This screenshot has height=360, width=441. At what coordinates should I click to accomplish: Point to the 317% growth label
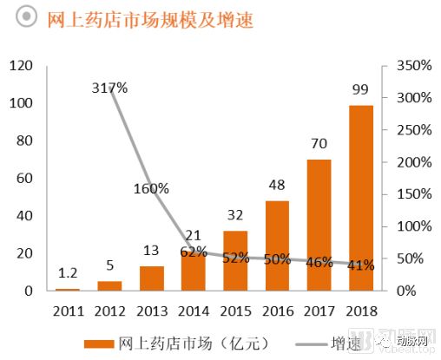tap(109, 88)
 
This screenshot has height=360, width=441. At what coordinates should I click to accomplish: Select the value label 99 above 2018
tap(361, 89)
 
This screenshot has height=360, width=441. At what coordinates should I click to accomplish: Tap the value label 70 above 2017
tap(319, 144)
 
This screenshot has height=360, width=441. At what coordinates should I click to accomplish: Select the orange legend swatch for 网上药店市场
tap(97, 340)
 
